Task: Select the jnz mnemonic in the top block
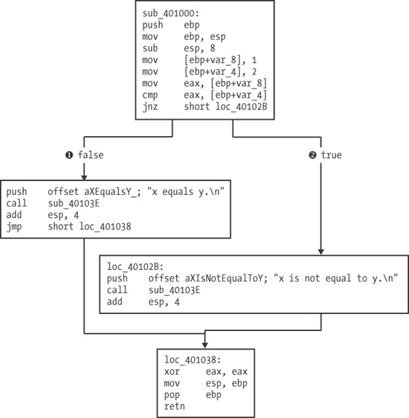click(x=148, y=107)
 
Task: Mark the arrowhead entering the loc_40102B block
click(x=321, y=253)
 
